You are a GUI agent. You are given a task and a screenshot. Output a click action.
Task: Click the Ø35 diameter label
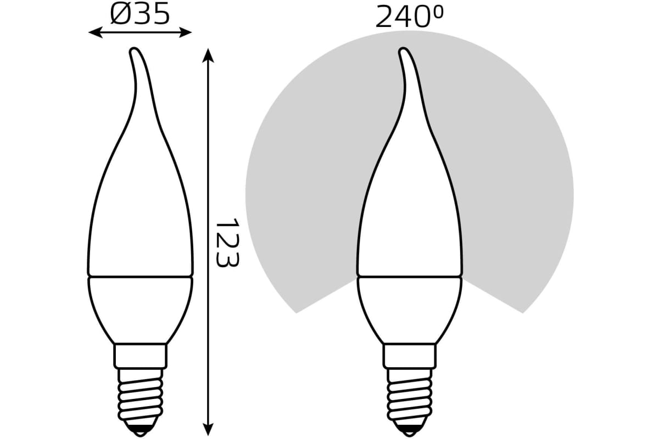140,13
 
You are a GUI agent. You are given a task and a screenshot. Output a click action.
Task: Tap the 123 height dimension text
227,243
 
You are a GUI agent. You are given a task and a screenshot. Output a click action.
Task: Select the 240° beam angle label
409,17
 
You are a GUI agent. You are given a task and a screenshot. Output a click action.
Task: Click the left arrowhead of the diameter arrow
95,32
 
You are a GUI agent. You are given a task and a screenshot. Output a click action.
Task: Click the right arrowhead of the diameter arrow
186,32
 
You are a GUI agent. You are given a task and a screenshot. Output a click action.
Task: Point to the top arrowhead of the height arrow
208,55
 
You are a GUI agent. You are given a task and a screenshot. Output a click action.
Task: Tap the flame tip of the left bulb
134,50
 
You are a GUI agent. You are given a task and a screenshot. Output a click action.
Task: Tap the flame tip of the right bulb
403,50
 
